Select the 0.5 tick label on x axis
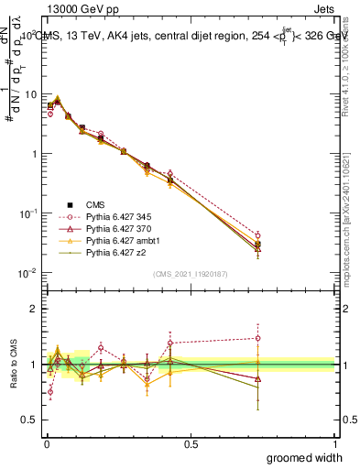(x=191, y=444)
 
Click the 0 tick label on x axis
(x=46, y=444)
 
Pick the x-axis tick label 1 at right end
(x=335, y=444)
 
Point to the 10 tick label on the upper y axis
(x=32, y=94)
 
